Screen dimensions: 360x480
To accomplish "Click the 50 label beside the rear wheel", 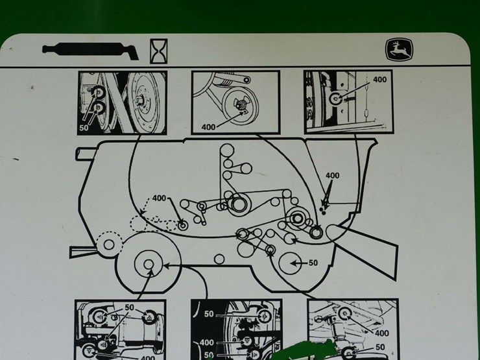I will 313,263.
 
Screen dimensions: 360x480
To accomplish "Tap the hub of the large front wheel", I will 149,265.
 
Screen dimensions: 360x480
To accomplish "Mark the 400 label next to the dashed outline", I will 160,198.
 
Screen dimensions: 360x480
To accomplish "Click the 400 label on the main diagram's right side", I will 332,176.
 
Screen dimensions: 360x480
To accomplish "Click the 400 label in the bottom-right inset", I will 383,333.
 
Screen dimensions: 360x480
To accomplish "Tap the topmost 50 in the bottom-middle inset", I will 209,314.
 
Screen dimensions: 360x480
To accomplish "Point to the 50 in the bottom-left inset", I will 129,307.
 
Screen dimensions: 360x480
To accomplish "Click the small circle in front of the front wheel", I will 109,245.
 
